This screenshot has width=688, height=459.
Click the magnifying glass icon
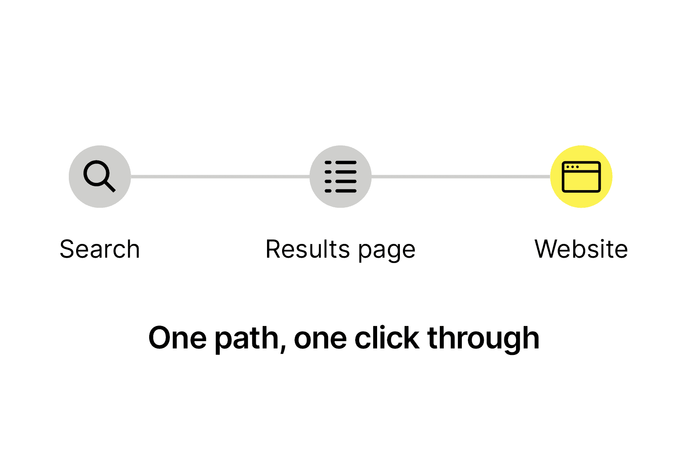(99, 176)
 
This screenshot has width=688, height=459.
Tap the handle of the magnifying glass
(110, 186)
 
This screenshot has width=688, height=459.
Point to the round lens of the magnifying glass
(96, 173)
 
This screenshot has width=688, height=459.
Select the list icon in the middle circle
(340, 177)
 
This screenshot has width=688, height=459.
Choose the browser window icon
(581, 177)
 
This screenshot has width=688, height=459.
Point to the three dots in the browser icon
(572, 167)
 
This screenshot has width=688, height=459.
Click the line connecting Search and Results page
(220, 177)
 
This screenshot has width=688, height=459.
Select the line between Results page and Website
(461, 177)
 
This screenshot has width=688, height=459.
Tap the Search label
(100, 249)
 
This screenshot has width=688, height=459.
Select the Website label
(581, 249)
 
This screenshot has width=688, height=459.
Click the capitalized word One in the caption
(178, 338)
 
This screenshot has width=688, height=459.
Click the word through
(483, 339)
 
